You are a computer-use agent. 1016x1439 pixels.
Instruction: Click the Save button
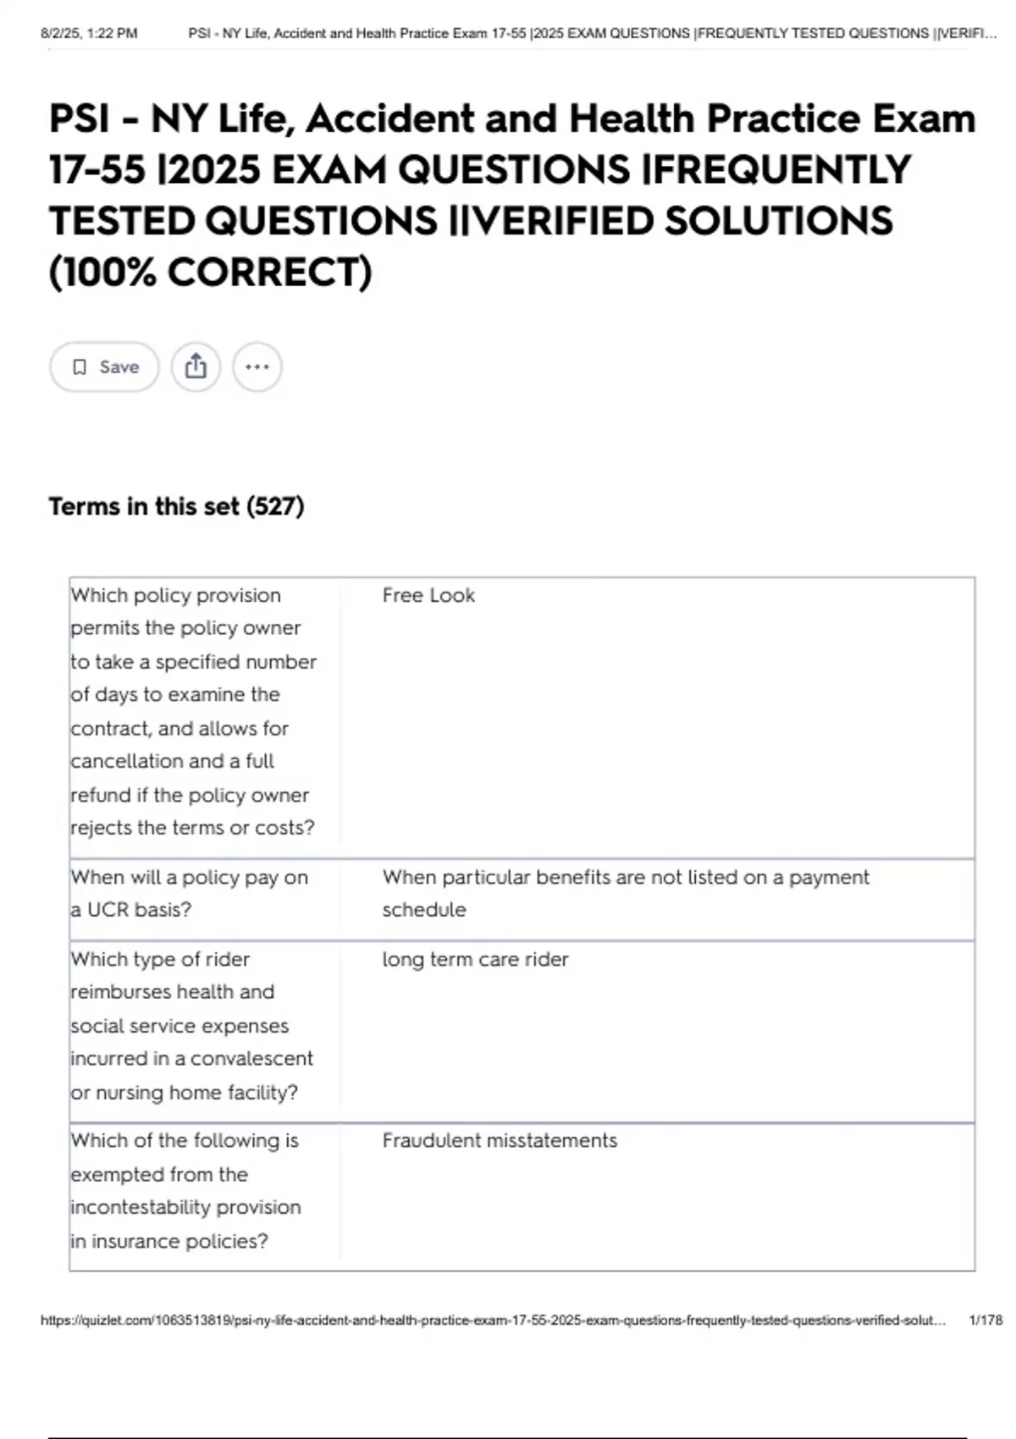pyautogui.click(x=104, y=367)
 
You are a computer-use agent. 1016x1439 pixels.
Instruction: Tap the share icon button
pyautogui.click(x=196, y=367)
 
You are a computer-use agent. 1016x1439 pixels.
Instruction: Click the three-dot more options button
pyautogui.click(x=257, y=367)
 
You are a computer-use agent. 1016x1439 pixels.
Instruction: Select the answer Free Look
pyautogui.click(x=428, y=595)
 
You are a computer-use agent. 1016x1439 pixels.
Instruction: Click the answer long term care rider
pyautogui.click(x=475, y=959)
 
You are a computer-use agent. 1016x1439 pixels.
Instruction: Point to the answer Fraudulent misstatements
pyautogui.click(x=500, y=1140)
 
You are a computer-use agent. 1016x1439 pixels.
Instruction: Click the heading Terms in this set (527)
pyautogui.click(x=176, y=506)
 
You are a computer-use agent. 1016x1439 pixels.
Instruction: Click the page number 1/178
pyautogui.click(x=985, y=1320)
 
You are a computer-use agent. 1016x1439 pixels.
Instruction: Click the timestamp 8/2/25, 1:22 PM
pyautogui.click(x=89, y=34)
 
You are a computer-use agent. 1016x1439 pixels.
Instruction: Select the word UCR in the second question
pyautogui.click(x=108, y=910)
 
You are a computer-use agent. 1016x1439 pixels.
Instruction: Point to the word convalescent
pyautogui.click(x=251, y=1058)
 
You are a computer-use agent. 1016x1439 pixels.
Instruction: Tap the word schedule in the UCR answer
pyautogui.click(x=423, y=910)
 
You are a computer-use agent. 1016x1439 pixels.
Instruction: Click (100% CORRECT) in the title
pyautogui.click(x=211, y=273)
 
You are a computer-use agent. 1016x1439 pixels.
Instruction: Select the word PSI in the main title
pyautogui.click(x=80, y=119)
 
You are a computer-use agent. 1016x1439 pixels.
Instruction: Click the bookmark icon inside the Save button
pyautogui.click(x=80, y=367)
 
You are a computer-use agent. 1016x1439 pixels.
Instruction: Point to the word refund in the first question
pyautogui.click(x=97, y=795)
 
